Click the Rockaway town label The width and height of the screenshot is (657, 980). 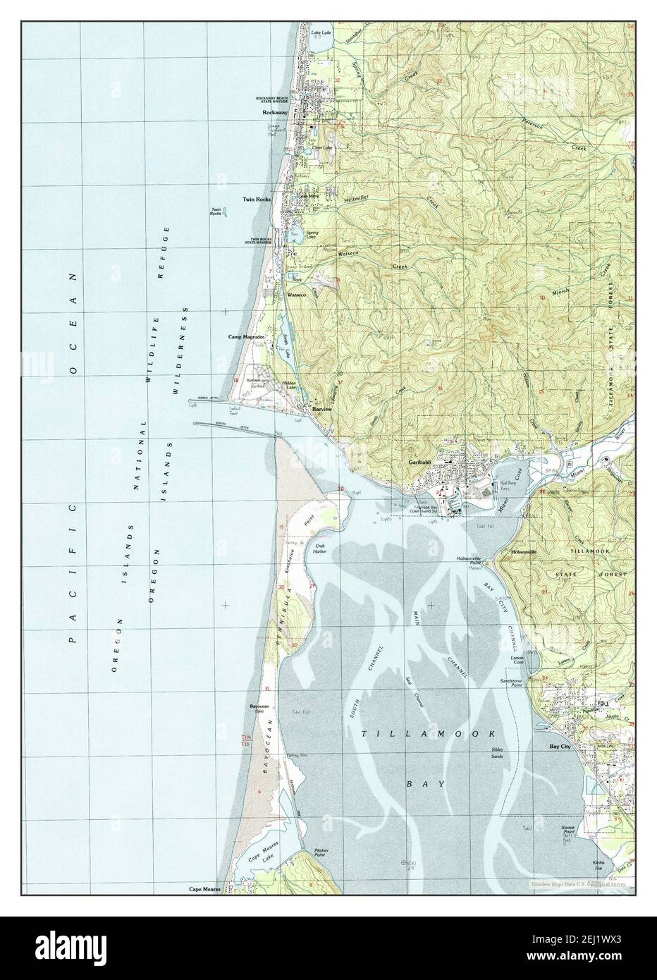click(274, 113)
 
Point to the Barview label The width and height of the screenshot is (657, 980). click(322, 409)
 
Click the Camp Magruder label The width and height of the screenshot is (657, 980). click(245, 337)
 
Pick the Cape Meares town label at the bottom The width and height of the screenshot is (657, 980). click(204, 890)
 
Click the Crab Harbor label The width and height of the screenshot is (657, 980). click(323, 550)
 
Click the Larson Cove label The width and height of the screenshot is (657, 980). click(518, 661)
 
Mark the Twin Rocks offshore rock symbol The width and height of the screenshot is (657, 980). click(225, 215)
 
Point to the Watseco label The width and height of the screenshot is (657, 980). click(296, 294)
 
